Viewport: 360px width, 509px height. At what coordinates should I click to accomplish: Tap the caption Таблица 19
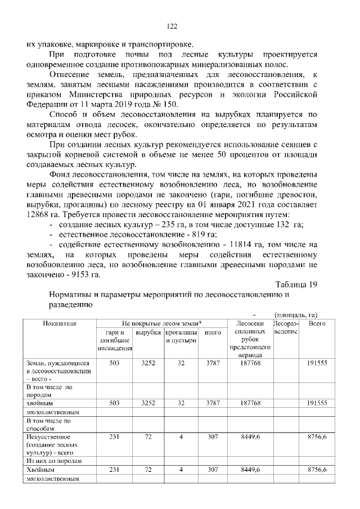tap(296, 284)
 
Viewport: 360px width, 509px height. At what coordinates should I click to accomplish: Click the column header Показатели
tap(59, 324)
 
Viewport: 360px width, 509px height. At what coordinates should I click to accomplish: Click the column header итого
tap(212, 333)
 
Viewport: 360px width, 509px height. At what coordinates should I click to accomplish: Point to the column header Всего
tap(317, 324)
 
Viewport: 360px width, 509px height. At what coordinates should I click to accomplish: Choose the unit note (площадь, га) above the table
tap(296, 314)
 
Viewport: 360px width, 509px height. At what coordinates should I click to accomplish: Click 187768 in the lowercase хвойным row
tap(247, 403)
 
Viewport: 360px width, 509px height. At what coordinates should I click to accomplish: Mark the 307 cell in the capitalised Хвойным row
tap(212, 469)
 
